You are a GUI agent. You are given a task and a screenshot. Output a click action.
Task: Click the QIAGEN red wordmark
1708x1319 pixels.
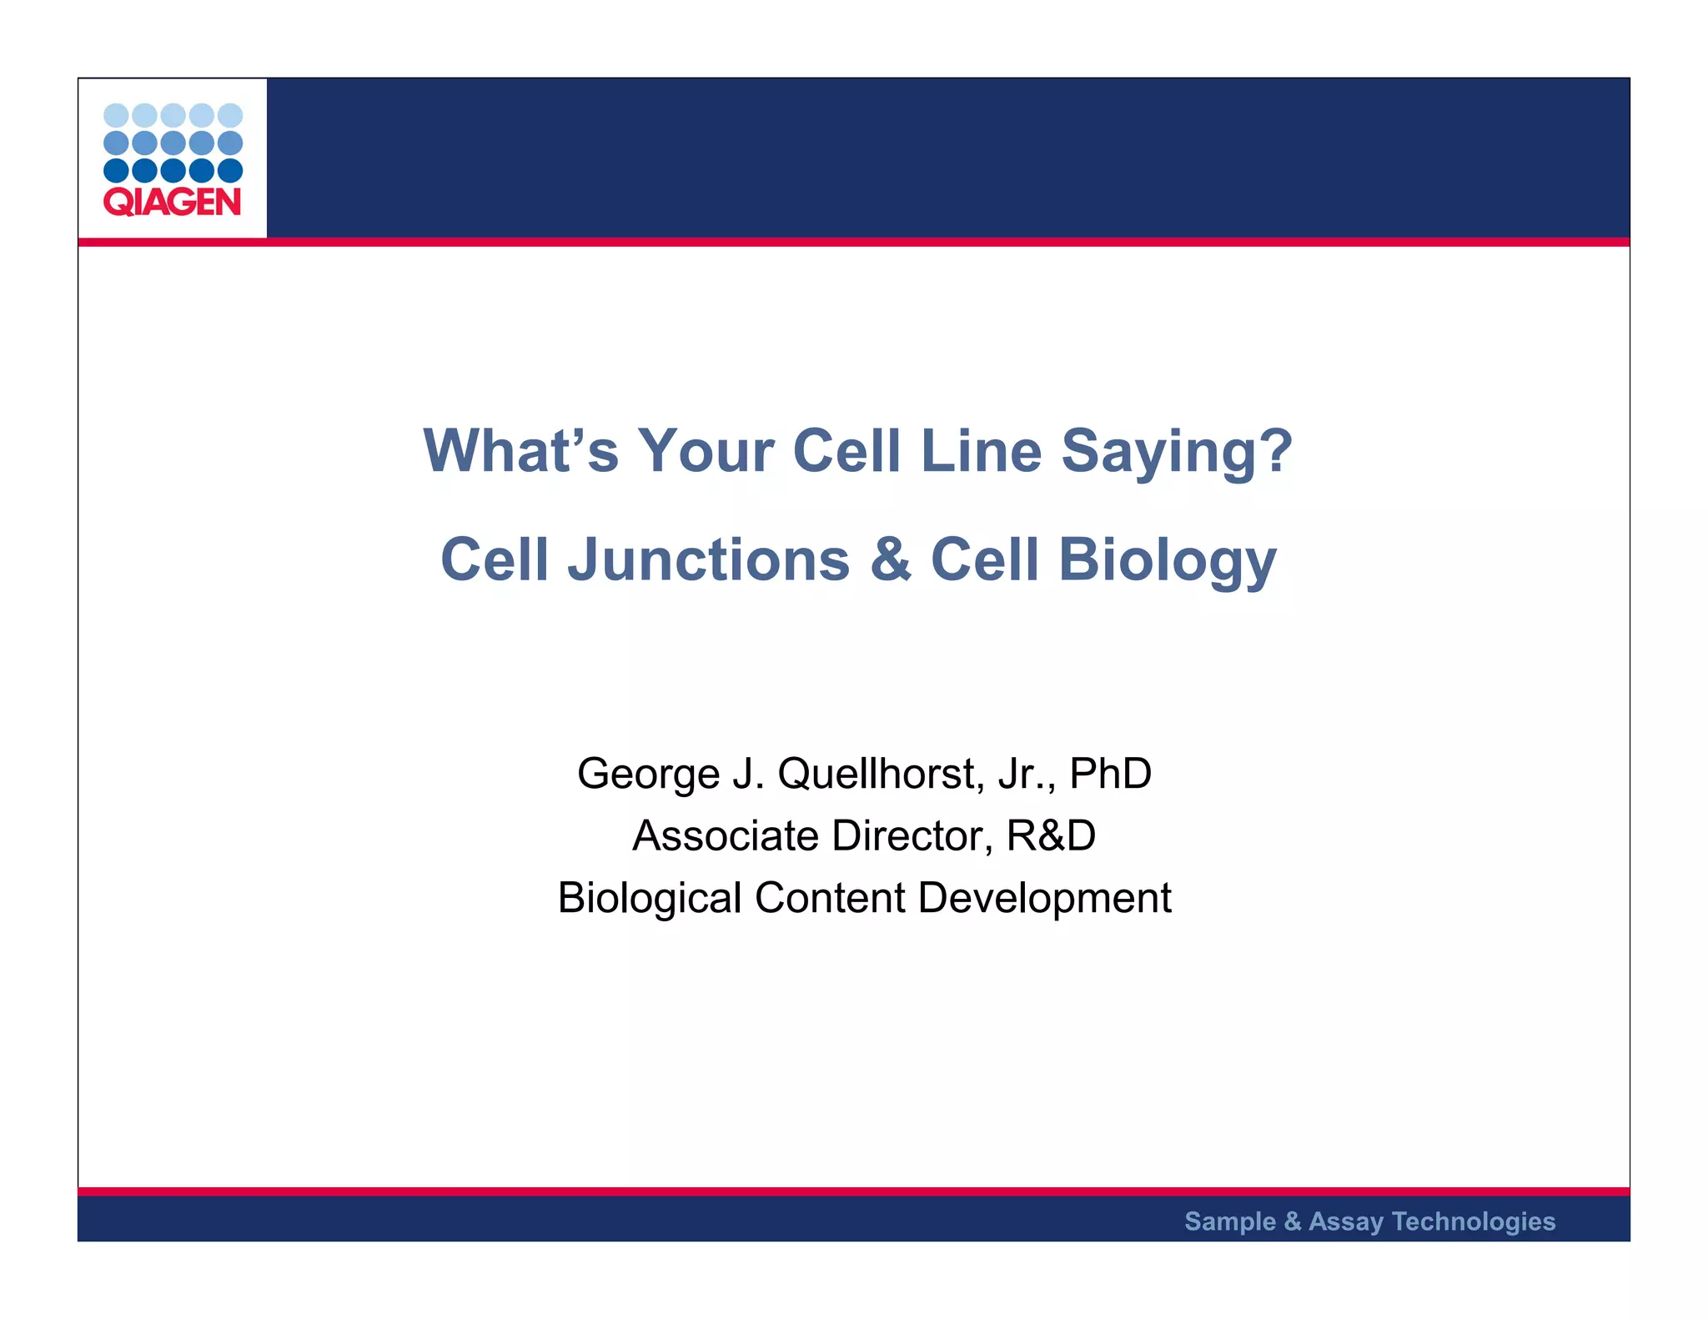[x=172, y=203]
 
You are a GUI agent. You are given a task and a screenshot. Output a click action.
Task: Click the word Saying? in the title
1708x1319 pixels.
[x=1176, y=452]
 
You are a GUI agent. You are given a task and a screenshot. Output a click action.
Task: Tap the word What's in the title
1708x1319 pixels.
[x=520, y=450]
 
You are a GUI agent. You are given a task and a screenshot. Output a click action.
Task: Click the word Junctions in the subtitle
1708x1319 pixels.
[x=708, y=559]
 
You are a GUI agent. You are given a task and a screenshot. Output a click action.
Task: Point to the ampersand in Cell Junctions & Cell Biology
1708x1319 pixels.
[x=890, y=559]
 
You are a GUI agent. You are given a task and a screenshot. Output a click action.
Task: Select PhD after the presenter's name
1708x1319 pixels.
[x=1110, y=773]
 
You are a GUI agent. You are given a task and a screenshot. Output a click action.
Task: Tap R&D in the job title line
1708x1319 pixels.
[x=1051, y=835]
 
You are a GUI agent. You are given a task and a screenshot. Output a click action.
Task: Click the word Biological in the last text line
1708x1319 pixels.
[x=649, y=899]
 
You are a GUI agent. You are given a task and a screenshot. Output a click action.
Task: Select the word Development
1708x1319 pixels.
[x=1044, y=899]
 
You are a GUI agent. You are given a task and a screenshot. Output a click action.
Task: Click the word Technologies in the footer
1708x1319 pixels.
[x=1473, y=1221]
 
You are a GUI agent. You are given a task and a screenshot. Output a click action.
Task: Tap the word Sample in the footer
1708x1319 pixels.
[x=1230, y=1221]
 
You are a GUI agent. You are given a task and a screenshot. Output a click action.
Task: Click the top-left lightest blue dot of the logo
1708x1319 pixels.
[x=116, y=115]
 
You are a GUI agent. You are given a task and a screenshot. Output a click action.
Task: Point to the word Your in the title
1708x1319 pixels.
[x=706, y=450]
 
